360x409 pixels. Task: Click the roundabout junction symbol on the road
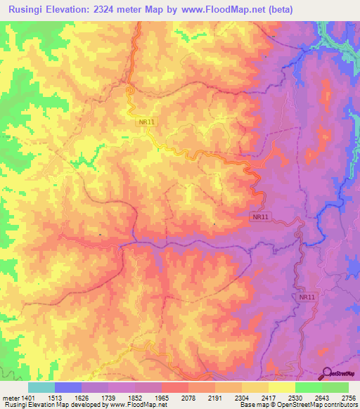click(130, 90)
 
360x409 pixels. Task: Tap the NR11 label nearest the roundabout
click(147, 122)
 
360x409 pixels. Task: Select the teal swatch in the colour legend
click(41, 387)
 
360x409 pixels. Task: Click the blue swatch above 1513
click(68, 387)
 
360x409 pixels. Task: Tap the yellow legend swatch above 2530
click(282, 387)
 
